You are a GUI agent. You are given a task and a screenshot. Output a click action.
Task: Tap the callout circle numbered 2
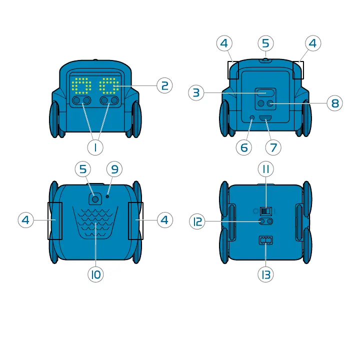tap(164, 85)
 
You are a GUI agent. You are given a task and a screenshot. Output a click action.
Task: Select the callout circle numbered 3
tap(196, 92)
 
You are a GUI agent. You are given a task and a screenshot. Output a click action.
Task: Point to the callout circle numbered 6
tap(243, 147)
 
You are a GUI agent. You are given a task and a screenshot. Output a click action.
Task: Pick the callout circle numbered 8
tap(334, 103)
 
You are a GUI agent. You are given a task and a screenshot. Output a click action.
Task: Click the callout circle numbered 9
tap(114, 169)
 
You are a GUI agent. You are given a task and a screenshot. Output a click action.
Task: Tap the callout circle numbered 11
tap(265, 169)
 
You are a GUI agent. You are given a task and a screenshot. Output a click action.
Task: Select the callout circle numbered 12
tap(198, 221)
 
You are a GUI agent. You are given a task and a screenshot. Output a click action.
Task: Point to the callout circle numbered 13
tap(265, 274)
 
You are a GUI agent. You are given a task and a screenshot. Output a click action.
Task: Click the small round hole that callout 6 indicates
tap(252, 117)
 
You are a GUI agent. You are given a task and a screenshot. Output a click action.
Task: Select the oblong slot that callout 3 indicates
tap(265, 93)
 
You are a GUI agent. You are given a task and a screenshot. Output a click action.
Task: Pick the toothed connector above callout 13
tap(265, 240)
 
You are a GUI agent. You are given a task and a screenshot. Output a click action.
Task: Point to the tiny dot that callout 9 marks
tap(107, 196)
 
